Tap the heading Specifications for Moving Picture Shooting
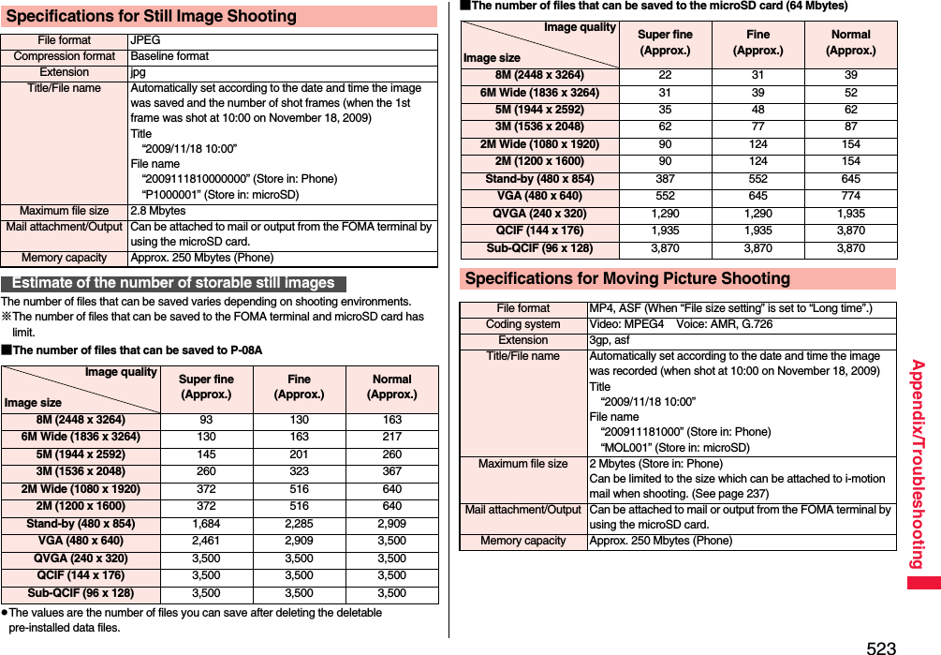pos(627,278)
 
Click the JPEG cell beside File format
pos(145,40)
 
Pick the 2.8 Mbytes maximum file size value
pos(157,211)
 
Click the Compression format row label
pos(65,56)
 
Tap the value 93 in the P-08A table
pos(206,420)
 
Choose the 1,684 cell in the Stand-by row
pos(206,524)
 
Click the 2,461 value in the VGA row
pos(206,541)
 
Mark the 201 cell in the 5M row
pos(299,454)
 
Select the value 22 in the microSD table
pos(664,75)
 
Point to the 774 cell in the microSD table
pos(850,196)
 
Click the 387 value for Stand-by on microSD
pos(664,179)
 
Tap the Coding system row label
pos(523,324)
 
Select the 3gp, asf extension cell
pos(609,340)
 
